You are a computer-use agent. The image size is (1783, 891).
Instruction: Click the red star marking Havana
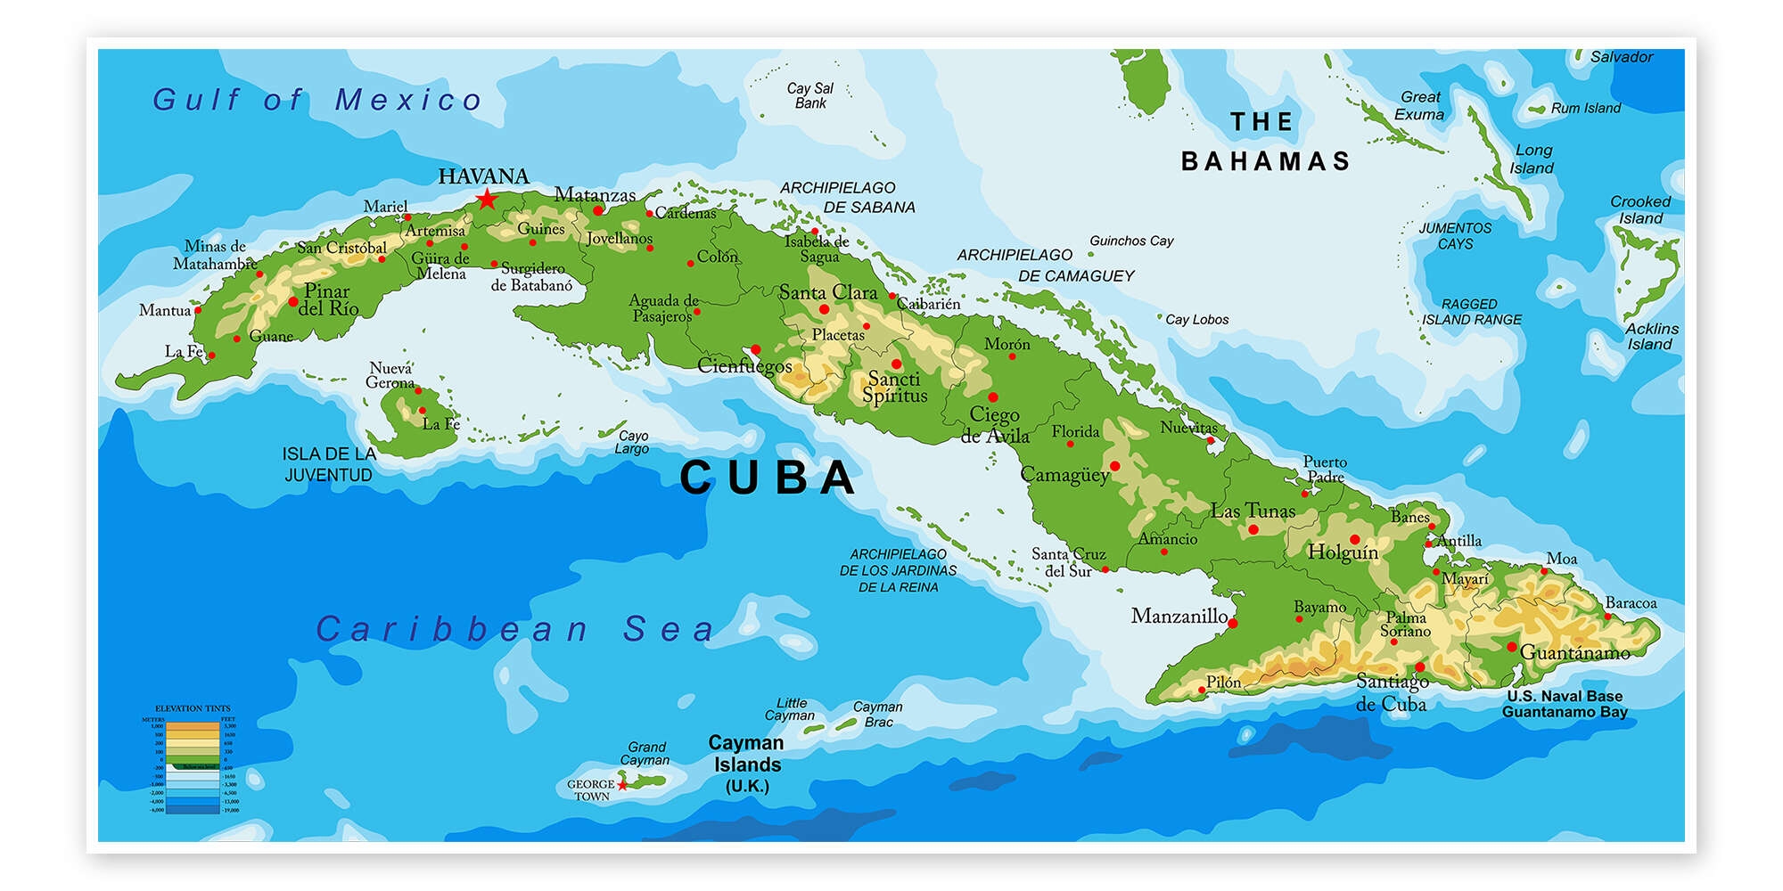tap(486, 199)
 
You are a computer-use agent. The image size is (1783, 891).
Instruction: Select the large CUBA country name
tap(768, 478)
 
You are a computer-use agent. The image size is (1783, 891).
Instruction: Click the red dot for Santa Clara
tap(824, 309)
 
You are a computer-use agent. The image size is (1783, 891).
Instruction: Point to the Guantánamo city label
tap(1574, 652)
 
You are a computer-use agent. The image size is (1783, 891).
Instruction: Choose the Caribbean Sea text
tap(515, 629)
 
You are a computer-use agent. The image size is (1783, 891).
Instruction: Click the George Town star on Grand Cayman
tap(622, 785)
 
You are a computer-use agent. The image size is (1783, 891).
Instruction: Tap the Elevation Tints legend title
tap(193, 708)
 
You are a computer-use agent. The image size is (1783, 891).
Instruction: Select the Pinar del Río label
tap(328, 299)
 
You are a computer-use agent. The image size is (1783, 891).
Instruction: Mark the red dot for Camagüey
tap(1114, 465)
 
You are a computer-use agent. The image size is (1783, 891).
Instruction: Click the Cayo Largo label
tap(632, 442)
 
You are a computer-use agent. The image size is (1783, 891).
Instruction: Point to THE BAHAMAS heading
tap(1264, 142)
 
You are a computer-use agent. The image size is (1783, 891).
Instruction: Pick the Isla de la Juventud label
tap(329, 464)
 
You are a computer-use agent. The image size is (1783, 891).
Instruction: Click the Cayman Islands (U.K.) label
tap(746, 764)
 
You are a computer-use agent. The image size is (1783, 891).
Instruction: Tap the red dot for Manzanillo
tap(1233, 623)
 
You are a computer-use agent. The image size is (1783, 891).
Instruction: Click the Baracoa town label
tap(1631, 603)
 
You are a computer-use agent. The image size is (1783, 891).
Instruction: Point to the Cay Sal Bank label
tap(809, 95)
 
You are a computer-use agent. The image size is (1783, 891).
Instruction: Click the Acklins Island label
tap(1650, 336)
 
